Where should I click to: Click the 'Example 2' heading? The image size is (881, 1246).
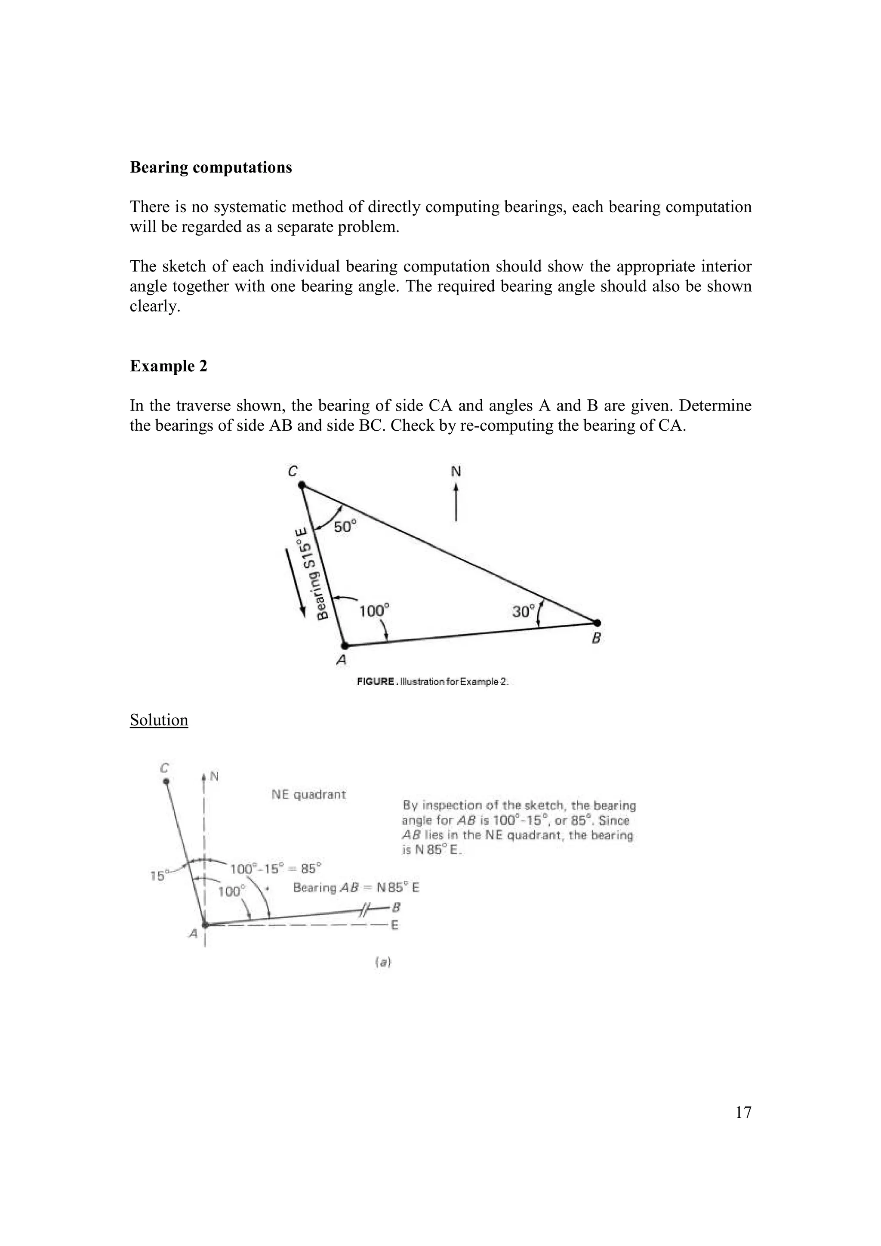tap(168, 366)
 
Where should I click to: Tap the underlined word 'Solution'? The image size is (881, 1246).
tap(159, 720)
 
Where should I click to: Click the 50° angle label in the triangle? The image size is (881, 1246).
tap(345, 526)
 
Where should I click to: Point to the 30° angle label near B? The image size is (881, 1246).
tap(524, 612)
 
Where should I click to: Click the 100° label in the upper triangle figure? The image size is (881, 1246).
tap(374, 611)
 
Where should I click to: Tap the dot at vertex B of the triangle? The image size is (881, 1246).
tap(597, 623)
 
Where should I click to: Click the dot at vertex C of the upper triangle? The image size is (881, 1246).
tap(302, 484)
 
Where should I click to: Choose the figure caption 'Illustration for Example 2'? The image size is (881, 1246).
tap(432, 682)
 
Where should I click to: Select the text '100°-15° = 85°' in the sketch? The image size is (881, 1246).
tap(276, 869)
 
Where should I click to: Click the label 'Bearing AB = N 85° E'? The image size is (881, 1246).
tap(356, 888)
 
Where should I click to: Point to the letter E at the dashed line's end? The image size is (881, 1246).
tap(395, 925)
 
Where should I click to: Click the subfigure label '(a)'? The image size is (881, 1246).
tap(383, 962)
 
